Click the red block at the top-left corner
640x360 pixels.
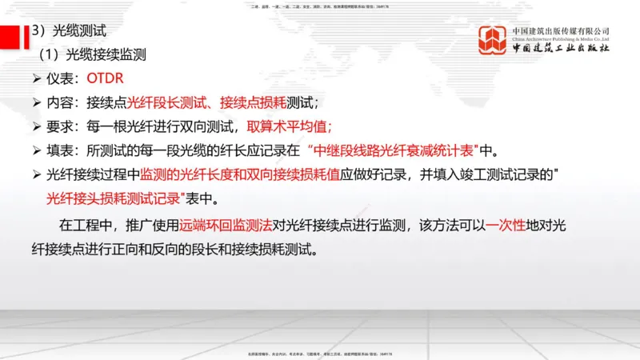point(10,37)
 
